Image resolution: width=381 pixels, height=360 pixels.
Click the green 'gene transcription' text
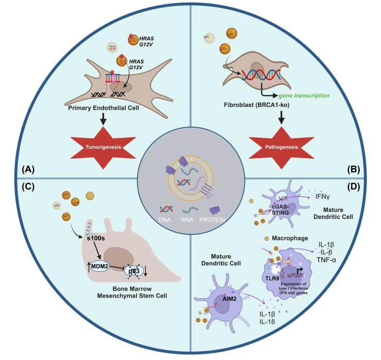click(304, 96)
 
